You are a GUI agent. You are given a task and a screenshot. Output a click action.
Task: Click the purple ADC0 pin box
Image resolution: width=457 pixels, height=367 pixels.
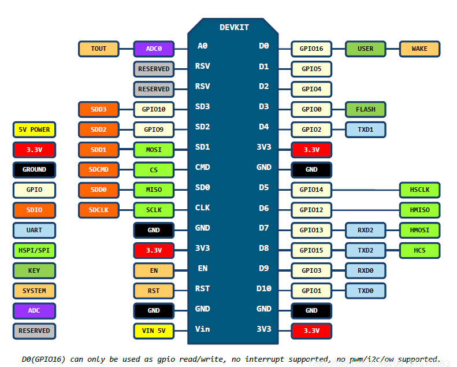(154, 49)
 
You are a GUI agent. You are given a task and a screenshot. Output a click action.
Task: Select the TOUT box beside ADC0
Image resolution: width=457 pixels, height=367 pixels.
(98, 49)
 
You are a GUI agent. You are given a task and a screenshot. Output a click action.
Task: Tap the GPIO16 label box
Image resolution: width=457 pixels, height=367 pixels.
(311, 49)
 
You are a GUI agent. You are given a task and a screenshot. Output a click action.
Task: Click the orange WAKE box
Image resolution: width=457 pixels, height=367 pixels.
(419, 49)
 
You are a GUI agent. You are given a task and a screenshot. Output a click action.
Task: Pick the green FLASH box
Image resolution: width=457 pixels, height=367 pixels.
(365, 109)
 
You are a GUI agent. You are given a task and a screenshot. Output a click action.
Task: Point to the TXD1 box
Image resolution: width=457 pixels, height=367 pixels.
(365, 129)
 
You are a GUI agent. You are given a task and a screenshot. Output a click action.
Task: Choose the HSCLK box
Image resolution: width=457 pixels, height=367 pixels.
(419, 190)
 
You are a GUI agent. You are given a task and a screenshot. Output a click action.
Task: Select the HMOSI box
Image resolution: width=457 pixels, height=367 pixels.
(419, 230)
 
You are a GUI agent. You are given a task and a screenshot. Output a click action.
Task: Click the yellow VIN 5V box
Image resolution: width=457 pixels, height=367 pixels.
(154, 331)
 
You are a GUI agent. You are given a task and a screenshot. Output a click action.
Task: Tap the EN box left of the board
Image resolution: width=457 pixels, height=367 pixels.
(154, 270)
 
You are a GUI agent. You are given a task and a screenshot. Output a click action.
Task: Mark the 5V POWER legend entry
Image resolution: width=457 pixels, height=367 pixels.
(34, 129)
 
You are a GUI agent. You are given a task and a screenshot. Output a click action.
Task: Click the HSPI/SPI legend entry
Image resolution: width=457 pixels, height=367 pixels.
(34, 250)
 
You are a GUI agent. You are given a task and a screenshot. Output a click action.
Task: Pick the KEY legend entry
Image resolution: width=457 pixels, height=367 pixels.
(34, 270)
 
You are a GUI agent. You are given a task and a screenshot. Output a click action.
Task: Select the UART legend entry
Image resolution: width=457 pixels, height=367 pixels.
(34, 230)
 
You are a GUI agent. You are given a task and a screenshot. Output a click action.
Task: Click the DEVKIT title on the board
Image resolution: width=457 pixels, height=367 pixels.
(233, 27)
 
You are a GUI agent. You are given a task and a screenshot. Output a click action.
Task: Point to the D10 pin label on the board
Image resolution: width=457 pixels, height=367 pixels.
(263, 288)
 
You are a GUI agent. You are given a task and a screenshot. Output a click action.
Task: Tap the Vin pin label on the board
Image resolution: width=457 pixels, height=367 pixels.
(202, 329)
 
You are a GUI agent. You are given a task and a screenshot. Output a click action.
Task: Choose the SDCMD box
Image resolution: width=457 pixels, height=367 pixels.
(98, 170)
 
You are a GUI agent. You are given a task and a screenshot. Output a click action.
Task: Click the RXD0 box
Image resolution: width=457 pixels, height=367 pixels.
(365, 270)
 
